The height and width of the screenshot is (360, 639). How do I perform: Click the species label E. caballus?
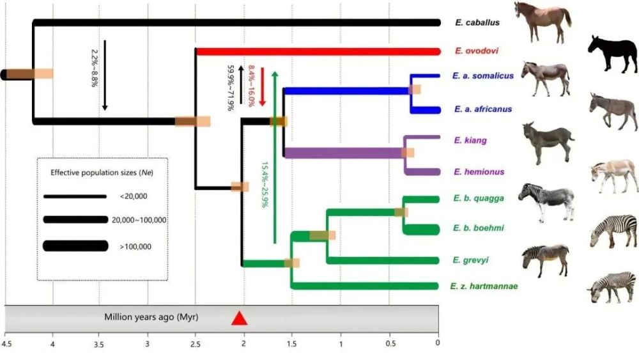477,23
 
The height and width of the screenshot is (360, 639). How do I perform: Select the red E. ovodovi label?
477,51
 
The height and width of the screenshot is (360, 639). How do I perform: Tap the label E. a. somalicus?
484,76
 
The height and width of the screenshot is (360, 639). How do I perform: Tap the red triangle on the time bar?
239,318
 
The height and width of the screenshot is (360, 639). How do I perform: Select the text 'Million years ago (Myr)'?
151,317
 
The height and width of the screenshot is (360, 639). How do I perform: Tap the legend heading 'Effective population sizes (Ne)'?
102,173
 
